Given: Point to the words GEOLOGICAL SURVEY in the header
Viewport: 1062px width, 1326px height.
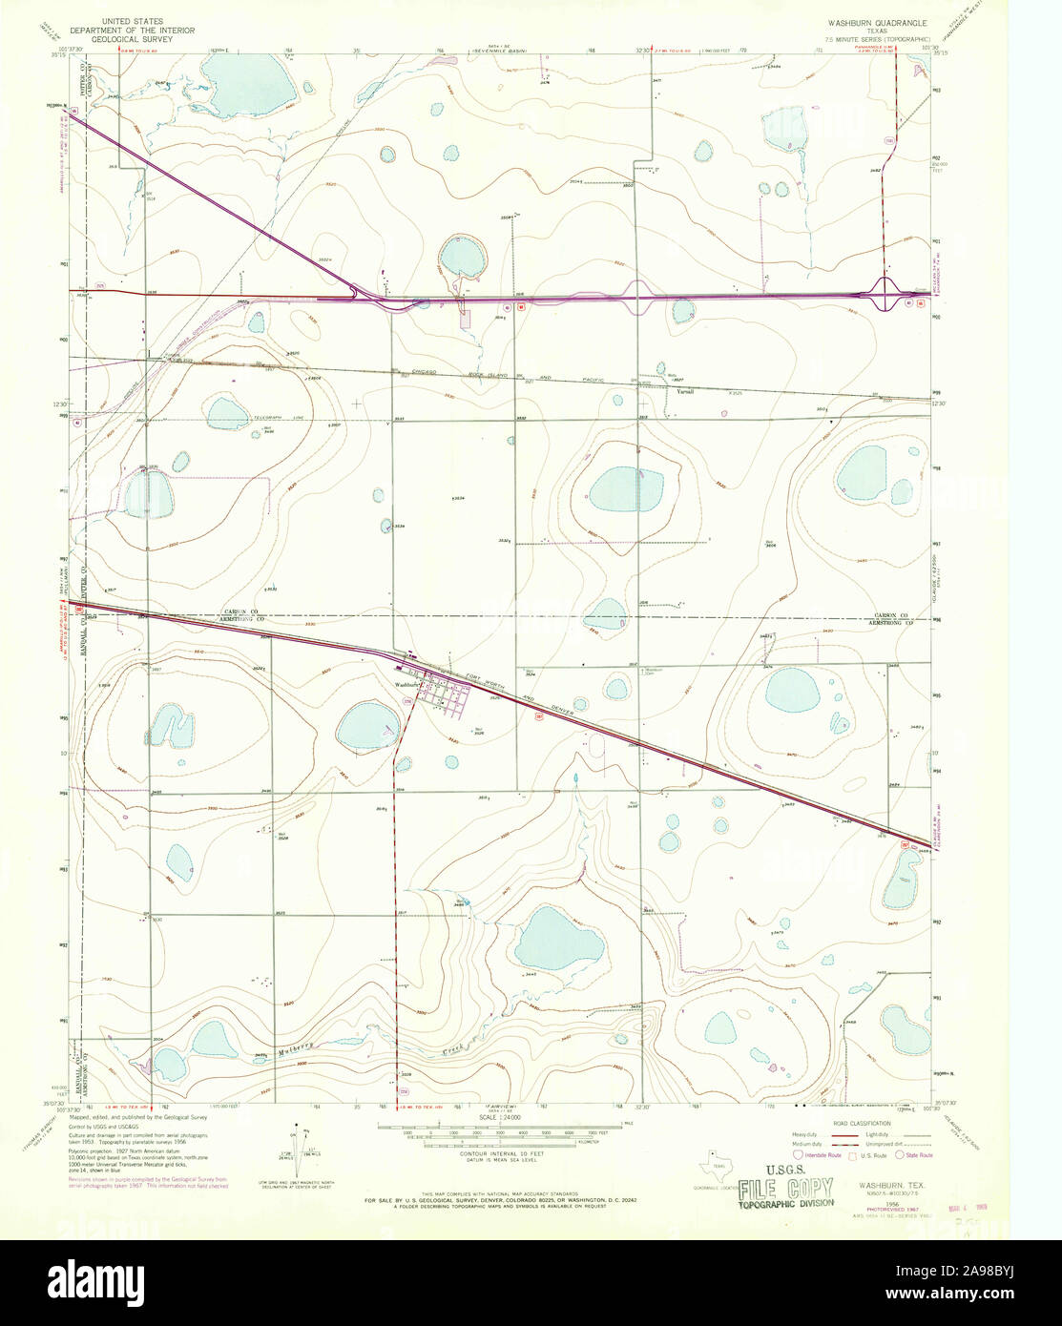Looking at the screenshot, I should pyautogui.click(x=145, y=40).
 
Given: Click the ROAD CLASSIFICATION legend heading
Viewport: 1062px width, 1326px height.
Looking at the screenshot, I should pyautogui.click(x=859, y=1125).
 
